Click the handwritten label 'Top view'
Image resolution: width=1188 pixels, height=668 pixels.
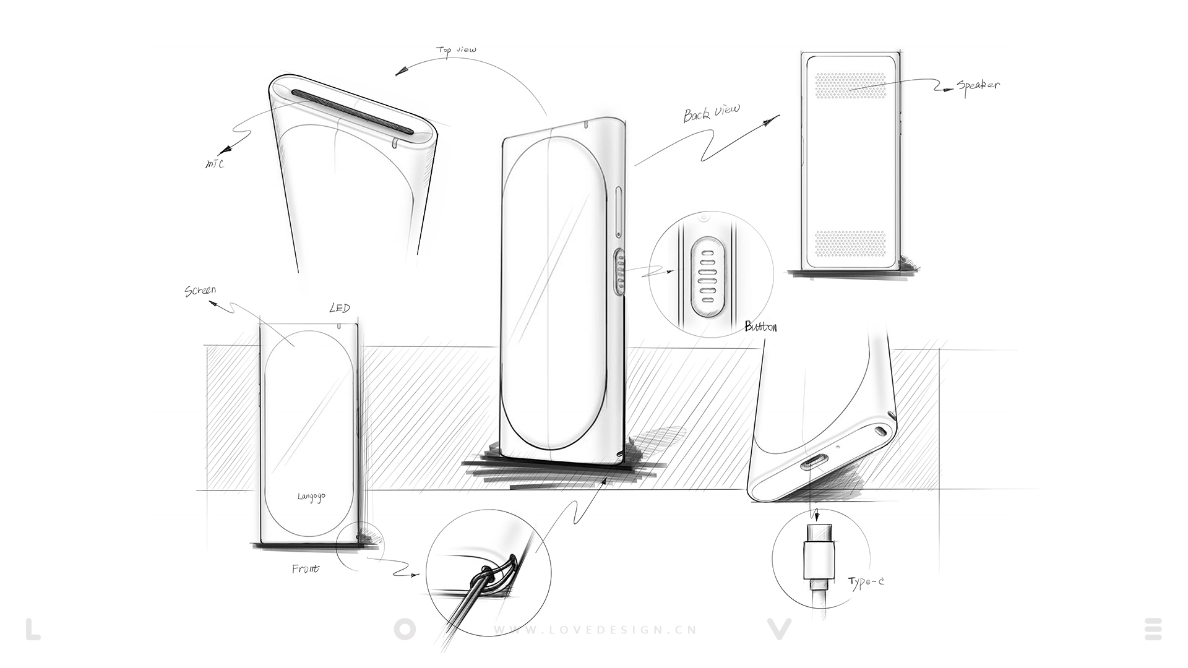tap(456, 49)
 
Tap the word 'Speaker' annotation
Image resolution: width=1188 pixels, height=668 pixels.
tap(978, 85)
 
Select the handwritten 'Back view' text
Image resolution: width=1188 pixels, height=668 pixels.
tap(711, 113)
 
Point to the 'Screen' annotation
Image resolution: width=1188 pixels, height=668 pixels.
tap(200, 290)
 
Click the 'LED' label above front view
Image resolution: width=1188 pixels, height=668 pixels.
tap(339, 308)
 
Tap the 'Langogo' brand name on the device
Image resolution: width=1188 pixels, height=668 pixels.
tap(311, 496)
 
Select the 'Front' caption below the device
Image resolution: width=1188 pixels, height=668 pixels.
tap(305, 568)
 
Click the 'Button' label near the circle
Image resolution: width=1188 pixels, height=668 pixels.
tap(760, 327)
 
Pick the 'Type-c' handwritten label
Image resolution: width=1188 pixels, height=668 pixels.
tap(866, 581)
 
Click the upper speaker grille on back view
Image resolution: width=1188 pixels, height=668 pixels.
tap(851, 85)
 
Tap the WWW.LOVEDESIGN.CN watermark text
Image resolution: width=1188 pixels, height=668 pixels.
tap(595, 630)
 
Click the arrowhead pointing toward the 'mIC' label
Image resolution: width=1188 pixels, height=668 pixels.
tap(224, 150)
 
